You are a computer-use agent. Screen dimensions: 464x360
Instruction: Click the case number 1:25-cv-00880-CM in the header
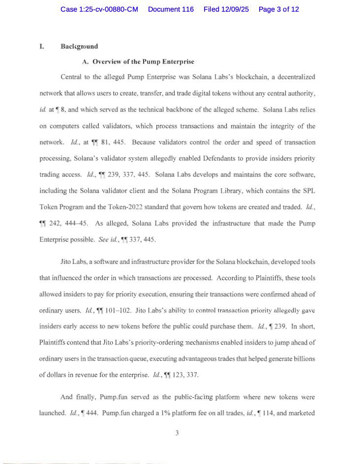(x=99, y=9)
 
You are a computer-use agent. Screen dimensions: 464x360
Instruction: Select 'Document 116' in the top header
(x=171, y=9)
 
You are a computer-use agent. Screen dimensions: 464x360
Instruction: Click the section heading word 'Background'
(x=79, y=47)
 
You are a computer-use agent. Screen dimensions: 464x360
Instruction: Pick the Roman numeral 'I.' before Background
(x=42, y=47)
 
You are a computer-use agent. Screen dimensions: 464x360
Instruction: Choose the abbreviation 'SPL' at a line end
(x=308, y=191)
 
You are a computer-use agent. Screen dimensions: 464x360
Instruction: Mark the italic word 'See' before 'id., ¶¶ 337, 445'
(x=103, y=239)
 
